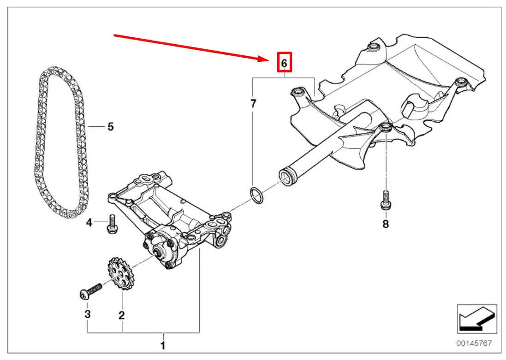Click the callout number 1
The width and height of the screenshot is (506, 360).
[163, 346]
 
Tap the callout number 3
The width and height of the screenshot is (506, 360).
[88, 314]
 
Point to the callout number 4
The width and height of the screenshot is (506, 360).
[89, 222]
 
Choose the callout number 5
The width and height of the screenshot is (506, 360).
[110, 126]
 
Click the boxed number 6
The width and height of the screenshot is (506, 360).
[284, 63]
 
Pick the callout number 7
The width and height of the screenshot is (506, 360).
[253, 104]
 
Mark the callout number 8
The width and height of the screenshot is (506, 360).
[386, 224]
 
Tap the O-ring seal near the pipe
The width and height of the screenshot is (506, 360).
[257, 195]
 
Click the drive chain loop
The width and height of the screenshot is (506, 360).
[61, 142]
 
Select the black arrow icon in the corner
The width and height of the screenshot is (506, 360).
[477, 319]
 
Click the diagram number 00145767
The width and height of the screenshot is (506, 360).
[474, 342]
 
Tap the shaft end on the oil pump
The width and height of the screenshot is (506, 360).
[159, 252]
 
